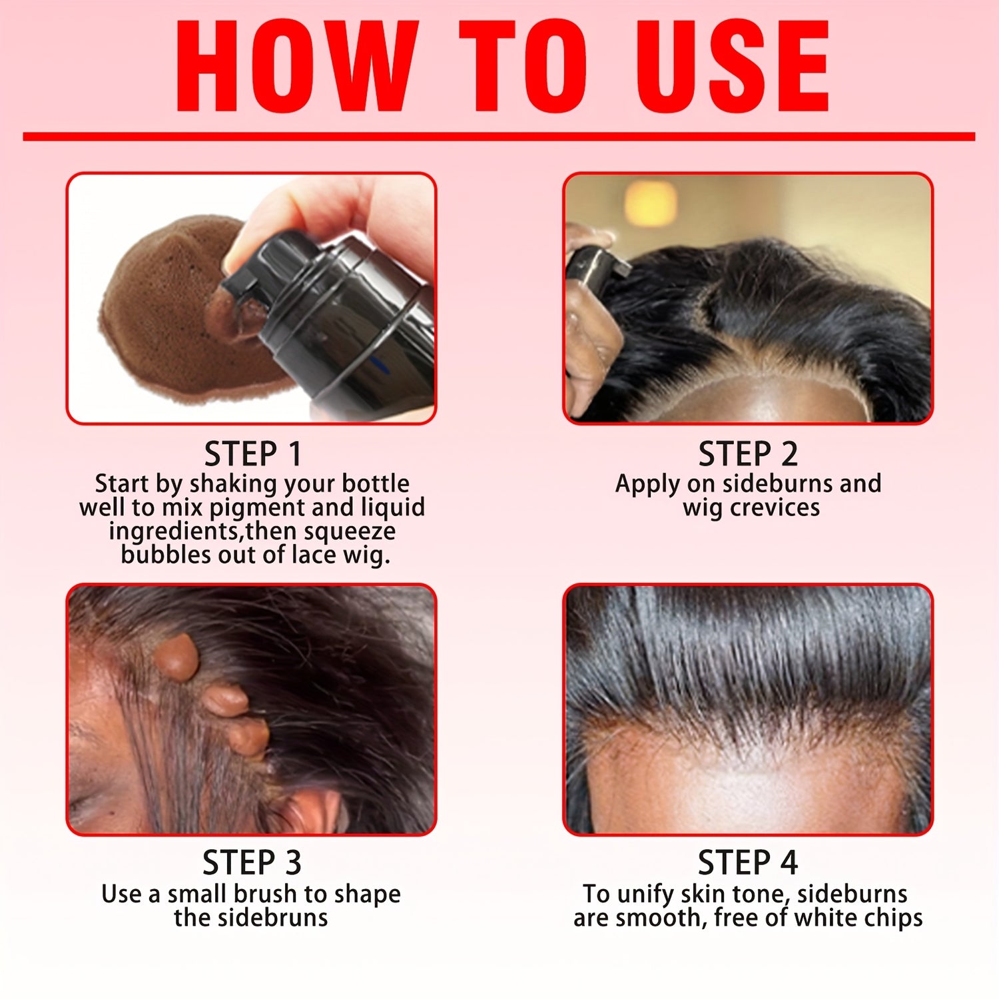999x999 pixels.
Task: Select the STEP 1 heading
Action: pos(253,454)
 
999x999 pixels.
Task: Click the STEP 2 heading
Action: pos(748,454)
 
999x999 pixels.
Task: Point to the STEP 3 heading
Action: pos(252,863)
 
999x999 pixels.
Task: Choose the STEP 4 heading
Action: pos(748,863)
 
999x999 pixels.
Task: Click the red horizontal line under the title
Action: pos(499,137)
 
